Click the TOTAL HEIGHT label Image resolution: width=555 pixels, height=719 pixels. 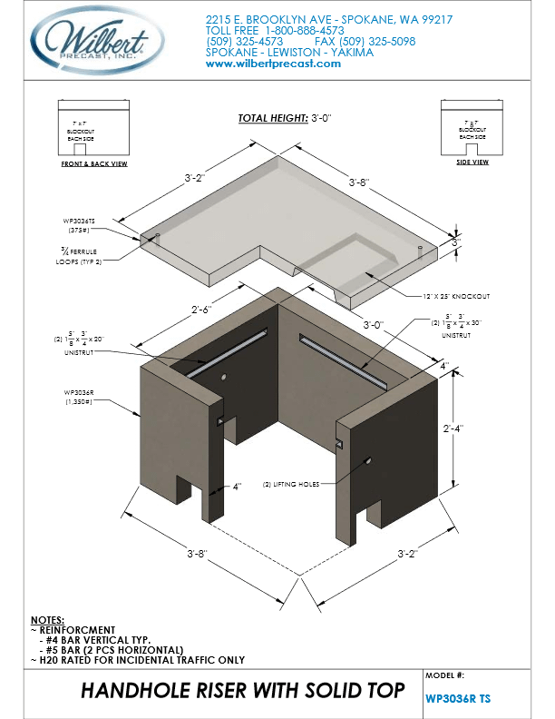(270, 119)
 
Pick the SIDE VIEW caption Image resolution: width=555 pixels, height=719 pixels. (471, 162)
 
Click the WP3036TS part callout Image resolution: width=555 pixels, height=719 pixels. (80, 220)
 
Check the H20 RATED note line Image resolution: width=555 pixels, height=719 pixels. (142, 660)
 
